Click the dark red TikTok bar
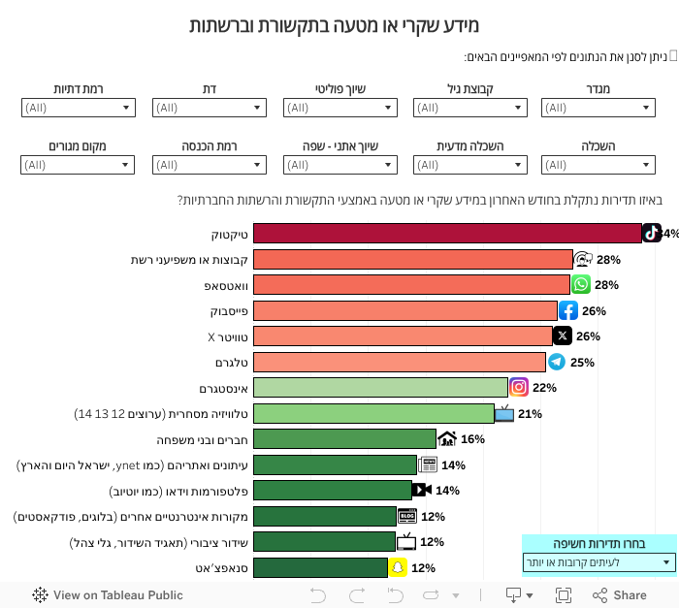446,234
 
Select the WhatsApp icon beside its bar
581,284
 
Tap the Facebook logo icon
568,310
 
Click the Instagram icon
519,387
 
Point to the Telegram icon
557,362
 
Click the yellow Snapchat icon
397,567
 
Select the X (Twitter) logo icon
563,336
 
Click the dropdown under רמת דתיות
78,108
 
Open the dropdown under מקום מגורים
78,165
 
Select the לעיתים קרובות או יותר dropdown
598,562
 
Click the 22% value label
544,388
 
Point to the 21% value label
530,414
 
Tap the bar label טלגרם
231,362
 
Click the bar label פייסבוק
229,310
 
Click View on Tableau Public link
108,595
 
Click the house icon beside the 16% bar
447,438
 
